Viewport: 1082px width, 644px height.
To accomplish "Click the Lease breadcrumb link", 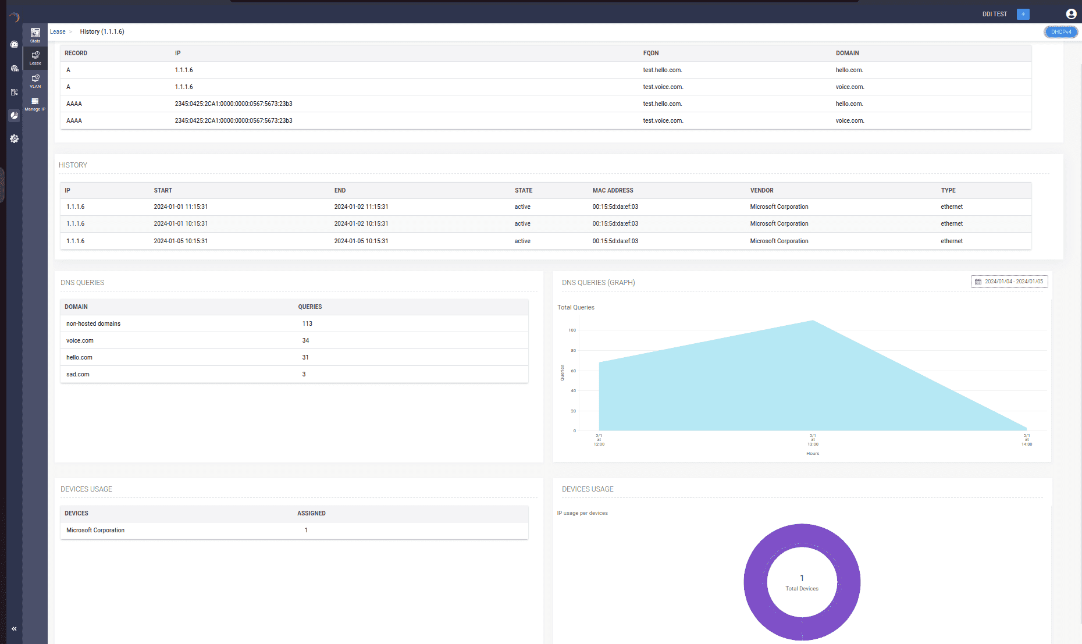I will pyautogui.click(x=58, y=32).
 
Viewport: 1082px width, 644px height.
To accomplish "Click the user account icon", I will pyautogui.click(x=1071, y=14).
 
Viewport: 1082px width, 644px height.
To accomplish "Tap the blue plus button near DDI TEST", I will pyautogui.click(x=1023, y=14).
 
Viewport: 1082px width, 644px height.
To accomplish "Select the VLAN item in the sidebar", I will pyautogui.click(x=35, y=81).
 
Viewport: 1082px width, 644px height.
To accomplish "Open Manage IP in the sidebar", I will pyautogui.click(x=35, y=104).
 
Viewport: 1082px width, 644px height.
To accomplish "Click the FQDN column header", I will pyautogui.click(x=651, y=53).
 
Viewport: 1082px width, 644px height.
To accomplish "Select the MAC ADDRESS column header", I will pyautogui.click(x=613, y=190).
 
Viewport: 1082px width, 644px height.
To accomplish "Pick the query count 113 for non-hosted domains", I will pyautogui.click(x=307, y=323).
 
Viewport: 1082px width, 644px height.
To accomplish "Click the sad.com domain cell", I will pyautogui.click(x=78, y=374).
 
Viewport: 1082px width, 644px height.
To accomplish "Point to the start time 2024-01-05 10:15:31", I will pyautogui.click(x=180, y=241).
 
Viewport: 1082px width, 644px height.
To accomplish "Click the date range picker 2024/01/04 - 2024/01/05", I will pyautogui.click(x=1009, y=282).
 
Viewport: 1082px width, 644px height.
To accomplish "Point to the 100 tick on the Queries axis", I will pyautogui.click(x=572, y=330).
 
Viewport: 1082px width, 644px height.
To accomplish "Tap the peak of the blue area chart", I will pyautogui.click(x=813, y=321).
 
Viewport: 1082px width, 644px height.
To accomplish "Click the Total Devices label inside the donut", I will pyautogui.click(x=802, y=589).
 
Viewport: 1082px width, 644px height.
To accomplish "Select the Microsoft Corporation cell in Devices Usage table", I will pyautogui.click(x=95, y=530).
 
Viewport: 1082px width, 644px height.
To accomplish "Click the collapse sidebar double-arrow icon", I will pyautogui.click(x=14, y=629).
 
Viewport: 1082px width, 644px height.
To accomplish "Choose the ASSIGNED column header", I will pyautogui.click(x=311, y=513).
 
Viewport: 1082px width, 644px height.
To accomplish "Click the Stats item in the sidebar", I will pyautogui.click(x=35, y=35).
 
